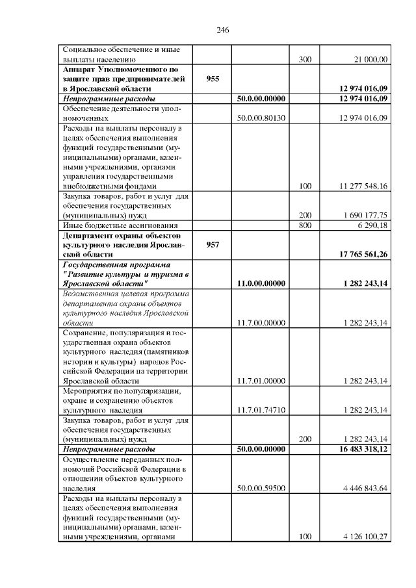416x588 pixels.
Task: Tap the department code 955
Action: pos(213,78)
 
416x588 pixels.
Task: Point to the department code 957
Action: pos(213,244)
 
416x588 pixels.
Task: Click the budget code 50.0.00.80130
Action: pos(262,117)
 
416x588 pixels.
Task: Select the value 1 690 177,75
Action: pos(365,215)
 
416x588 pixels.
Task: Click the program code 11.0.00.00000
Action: pos(262,283)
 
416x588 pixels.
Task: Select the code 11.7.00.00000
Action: pos(262,322)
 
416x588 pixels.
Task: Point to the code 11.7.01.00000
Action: pos(262,381)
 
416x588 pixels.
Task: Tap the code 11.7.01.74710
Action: pos(262,410)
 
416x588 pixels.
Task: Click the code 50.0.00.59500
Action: pos(262,488)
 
